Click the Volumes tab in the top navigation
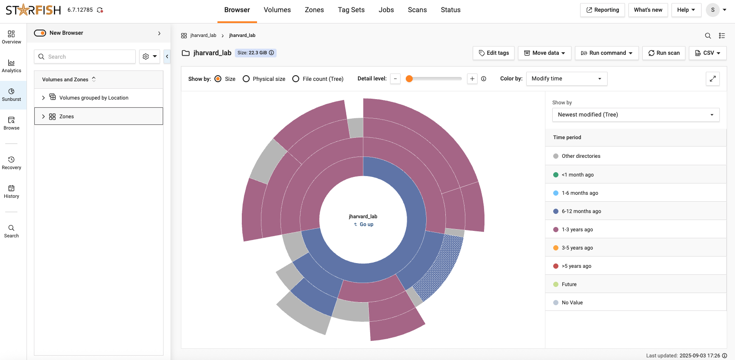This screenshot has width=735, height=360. click(x=277, y=10)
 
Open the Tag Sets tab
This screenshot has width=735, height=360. click(x=351, y=10)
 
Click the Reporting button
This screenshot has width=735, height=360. click(x=602, y=10)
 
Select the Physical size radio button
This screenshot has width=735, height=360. click(x=246, y=79)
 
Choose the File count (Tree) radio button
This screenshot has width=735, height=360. click(x=296, y=79)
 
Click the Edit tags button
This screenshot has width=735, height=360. click(x=494, y=53)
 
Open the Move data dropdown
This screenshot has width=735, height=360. click(x=545, y=53)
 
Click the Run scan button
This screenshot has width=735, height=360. click(x=664, y=53)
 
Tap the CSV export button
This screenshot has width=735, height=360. click(x=708, y=53)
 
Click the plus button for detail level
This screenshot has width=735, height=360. click(x=472, y=79)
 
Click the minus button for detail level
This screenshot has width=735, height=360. click(x=395, y=79)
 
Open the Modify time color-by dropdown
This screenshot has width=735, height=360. click(x=566, y=79)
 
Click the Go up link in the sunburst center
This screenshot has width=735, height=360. click(x=364, y=224)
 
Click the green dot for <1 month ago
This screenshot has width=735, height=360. click(x=556, y=175)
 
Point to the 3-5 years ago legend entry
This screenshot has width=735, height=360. click(x=577, y=248)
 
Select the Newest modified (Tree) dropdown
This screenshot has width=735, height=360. click(x=635, y=115)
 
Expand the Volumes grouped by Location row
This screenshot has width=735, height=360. click(x=43, y=98)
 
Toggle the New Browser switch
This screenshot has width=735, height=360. click(x=40, y=33)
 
